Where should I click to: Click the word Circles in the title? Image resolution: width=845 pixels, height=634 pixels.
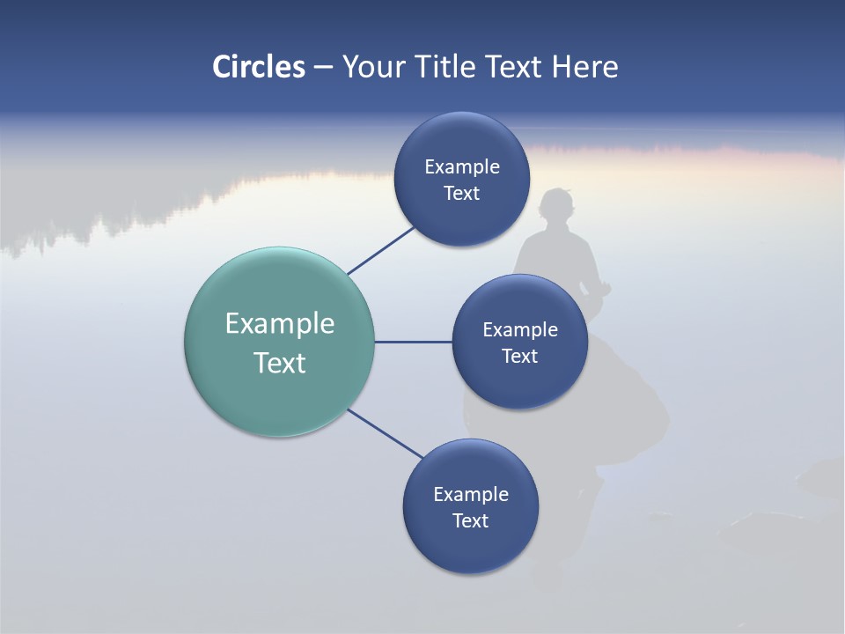point(258,67)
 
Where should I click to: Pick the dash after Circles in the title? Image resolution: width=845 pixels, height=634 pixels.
point(323,68)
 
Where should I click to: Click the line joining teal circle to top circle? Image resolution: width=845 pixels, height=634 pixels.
point(381,251)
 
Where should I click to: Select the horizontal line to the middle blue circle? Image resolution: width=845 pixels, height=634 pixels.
point(413,342)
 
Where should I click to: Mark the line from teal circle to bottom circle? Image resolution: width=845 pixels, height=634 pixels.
point(386,433)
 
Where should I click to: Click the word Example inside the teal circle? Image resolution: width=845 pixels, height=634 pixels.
point(280,324)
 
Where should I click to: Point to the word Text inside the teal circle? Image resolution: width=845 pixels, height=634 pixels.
point(280,363)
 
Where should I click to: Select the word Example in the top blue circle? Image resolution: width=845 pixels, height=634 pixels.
point(462,167)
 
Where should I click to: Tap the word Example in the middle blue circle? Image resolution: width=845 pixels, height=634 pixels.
point(520,330)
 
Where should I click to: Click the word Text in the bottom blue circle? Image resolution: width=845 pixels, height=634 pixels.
point(470,521)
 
